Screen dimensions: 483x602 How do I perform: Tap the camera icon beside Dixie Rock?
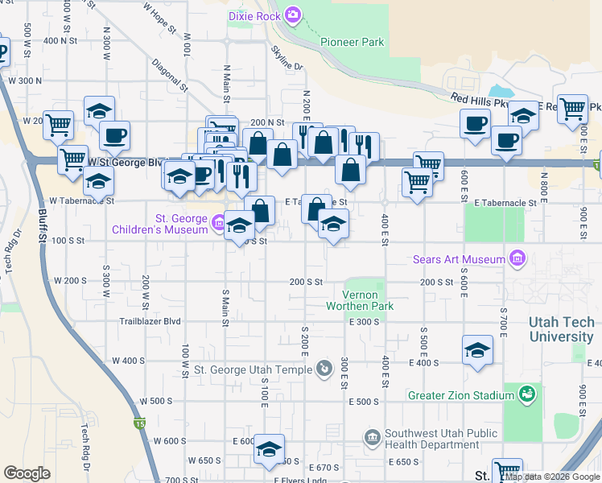point(292,14)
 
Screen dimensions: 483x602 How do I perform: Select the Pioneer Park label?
point(352,42)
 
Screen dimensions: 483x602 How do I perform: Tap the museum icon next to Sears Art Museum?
point(517,259)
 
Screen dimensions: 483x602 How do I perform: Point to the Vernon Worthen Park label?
point(360,300)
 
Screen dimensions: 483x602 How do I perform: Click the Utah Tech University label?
point(561,329)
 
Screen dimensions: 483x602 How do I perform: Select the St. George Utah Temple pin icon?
point(323,369)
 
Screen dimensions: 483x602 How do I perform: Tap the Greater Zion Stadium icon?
point(527,394)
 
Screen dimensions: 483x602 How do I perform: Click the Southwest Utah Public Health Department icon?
point(372,438)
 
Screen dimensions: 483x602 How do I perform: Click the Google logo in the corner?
point(27,473)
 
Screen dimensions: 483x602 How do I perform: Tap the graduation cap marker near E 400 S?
point(477,350)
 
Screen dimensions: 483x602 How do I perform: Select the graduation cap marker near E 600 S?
point(269,448)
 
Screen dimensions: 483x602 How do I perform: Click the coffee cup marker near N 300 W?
point(114,135)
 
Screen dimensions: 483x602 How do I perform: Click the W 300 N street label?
point(23,80)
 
